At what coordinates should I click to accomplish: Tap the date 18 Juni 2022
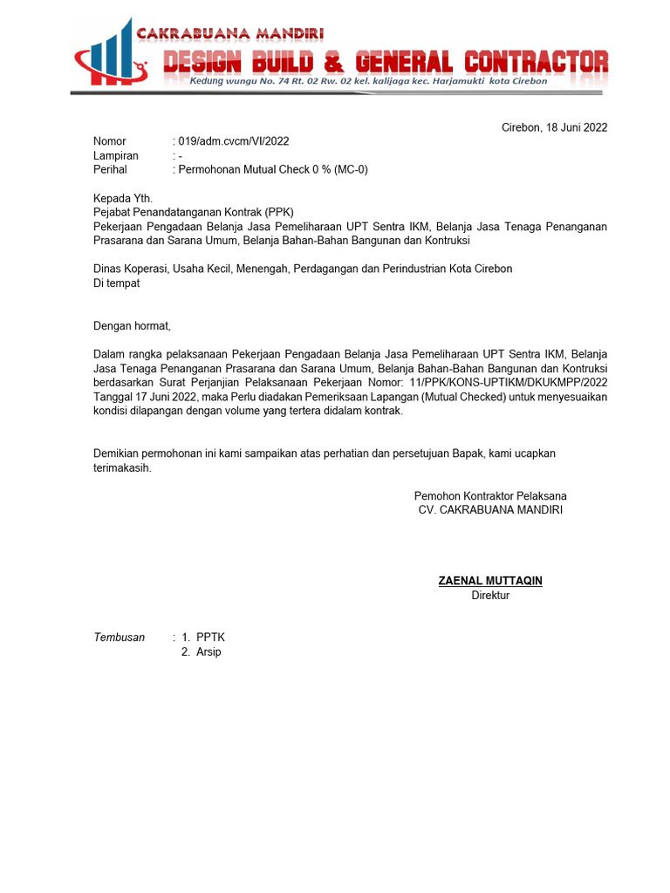click(577, 127)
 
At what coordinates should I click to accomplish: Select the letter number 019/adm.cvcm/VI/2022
click(234, 141)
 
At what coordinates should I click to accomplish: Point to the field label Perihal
click(110, 169)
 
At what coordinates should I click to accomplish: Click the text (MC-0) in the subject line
click(351, 169)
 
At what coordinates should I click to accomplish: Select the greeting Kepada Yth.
click(123, 199)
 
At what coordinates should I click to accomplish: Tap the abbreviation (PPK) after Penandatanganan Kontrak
click(279, 212)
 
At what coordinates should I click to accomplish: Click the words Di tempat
click(116, 283)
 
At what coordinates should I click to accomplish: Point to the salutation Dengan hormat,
click(133, 326)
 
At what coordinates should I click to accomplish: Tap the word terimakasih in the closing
click(122, 467)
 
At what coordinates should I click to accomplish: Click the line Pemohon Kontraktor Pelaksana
click(490, 495)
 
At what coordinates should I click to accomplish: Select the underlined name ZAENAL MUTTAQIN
click(490, 581)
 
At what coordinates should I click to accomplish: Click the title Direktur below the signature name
click(490, 596)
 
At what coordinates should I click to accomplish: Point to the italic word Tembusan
click(120, 637)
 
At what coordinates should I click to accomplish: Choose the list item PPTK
click(210, 637)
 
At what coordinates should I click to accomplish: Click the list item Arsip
click(209, 651)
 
